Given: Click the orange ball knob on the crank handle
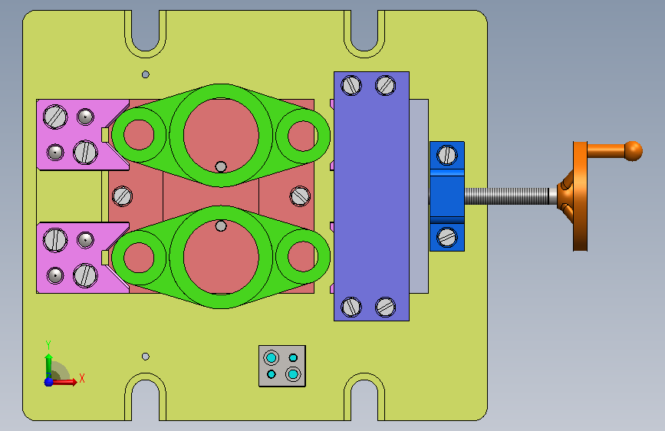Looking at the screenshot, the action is (634, 151).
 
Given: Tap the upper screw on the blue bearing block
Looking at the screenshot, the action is (446, 154).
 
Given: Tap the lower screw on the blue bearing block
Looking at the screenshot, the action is (446, 237).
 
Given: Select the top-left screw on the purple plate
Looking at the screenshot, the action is (351, 85).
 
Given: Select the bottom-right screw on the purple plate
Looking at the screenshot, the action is (386, 307).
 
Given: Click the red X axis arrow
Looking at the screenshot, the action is (64, 382).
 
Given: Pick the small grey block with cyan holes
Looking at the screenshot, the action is (282, 366).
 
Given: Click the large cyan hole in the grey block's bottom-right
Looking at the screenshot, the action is (293, 374).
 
